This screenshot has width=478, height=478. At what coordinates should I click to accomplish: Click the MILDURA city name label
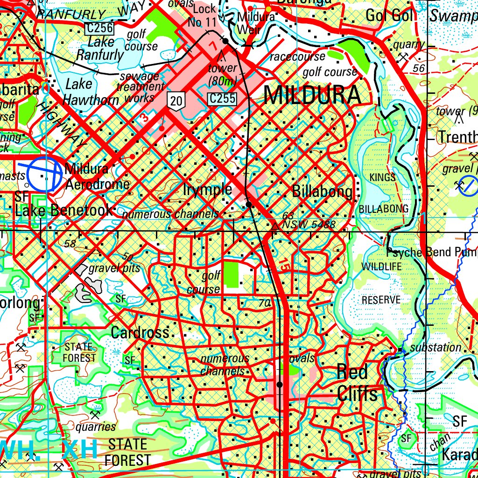tap(312, 96)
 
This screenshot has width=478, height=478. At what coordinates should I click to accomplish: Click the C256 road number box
tap(99, 28)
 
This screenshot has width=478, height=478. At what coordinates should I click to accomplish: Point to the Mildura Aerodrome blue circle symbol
tap(44, 174)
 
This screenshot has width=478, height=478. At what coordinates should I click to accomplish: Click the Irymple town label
tap(208, 190)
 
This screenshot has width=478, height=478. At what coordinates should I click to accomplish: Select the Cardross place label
tap(140, 332)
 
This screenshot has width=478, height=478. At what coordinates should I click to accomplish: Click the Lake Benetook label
tap(63, 210)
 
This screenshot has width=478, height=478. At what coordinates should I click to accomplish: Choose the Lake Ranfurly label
tap(100, 49)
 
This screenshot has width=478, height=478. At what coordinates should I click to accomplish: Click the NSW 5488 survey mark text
tap(309, 225)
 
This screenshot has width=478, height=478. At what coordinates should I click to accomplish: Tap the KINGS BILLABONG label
tap(383, 193)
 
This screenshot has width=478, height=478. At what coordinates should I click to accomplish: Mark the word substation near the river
tap(436, 347)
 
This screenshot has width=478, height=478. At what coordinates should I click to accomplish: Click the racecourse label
tap(298, 57)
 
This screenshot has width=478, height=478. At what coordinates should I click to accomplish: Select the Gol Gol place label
tap(389, 15)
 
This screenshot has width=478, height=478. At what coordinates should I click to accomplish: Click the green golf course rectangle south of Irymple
tap(231, 274)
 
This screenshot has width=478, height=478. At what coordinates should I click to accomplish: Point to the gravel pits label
tap(114, 268)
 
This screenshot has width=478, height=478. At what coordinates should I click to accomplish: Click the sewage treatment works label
tap(140, 87)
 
